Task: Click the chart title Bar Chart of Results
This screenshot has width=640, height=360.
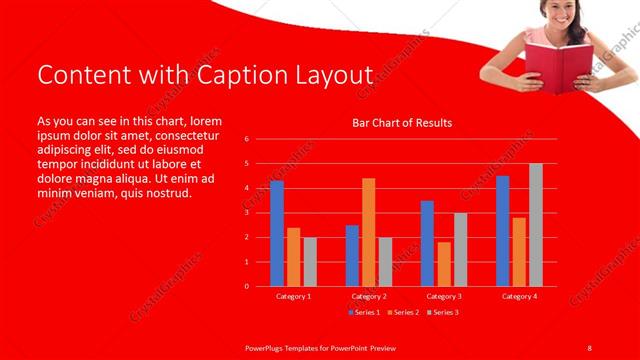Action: click(x=402, y=123)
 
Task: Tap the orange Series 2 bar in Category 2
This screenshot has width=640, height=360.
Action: click(x=368, y=232)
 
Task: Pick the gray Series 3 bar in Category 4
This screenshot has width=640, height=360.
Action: click(x=536, y=225)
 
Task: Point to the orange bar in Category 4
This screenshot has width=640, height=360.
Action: click(x=519, y=251)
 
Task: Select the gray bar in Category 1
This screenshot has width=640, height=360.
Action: click(x=310, y=261)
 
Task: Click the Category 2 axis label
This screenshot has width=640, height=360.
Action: click(x=369, y=296)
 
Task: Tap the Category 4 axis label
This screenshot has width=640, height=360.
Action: click(x=519, y=296)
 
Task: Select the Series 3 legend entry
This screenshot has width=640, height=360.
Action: click(x=444, y=312)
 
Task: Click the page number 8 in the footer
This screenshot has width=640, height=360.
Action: click(x=590, y=347)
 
